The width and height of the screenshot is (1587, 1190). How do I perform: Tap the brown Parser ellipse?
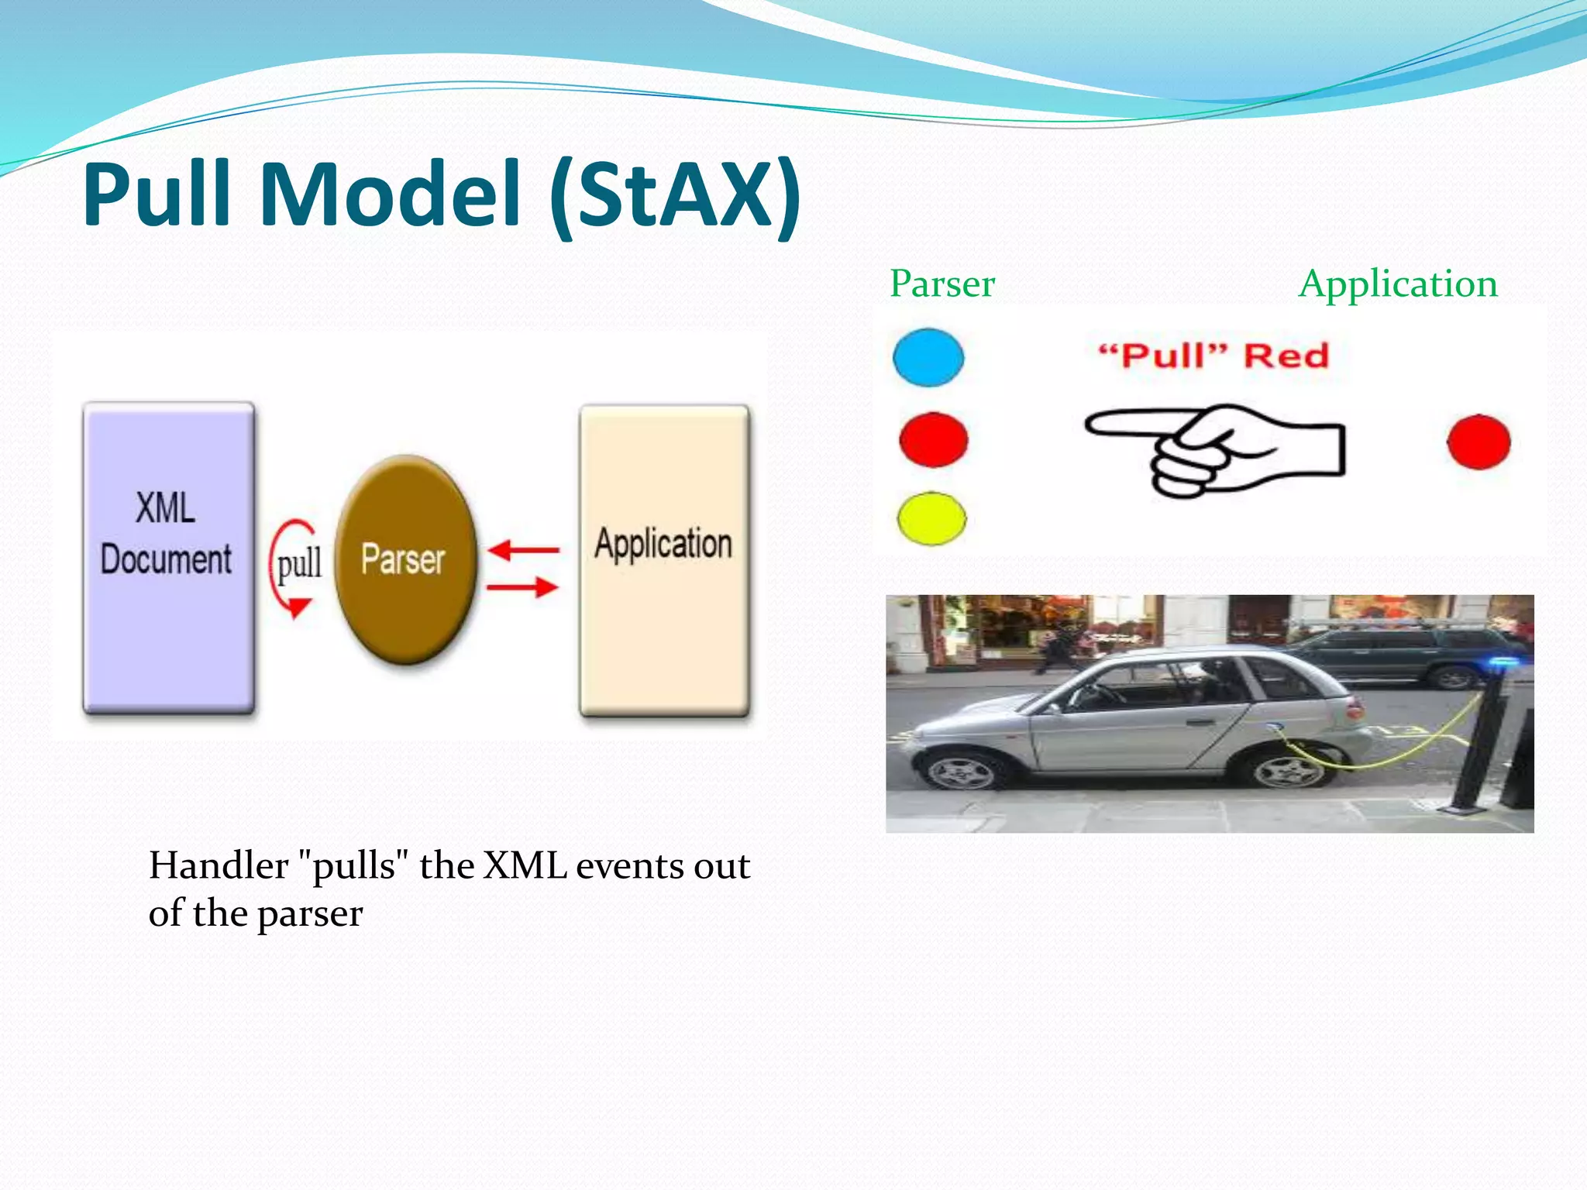[x=404, y=559]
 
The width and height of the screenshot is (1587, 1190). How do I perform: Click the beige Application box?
[x=664, y=559]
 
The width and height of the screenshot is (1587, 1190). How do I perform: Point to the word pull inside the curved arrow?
[x=299, y=563]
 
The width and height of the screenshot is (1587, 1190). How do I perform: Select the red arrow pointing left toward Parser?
[x=524, y=550]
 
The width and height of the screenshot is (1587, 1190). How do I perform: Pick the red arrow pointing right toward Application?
[x=522, y=587]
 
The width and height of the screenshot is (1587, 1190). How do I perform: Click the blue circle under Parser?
[x=928, y=357]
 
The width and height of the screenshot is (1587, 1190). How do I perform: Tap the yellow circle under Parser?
[x=931, y=518]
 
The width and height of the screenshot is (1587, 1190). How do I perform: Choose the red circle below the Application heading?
[x=1479, y=442]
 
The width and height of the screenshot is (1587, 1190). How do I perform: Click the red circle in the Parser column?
[x=933, y=439]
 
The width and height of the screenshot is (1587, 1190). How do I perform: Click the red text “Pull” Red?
[x=1213, y=356]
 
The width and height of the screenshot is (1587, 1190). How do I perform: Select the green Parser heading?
[x=942, y=284]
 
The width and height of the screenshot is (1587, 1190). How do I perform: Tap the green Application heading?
[x=1398, y=284]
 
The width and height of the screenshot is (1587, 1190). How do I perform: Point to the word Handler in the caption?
[x=218, y=865]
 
